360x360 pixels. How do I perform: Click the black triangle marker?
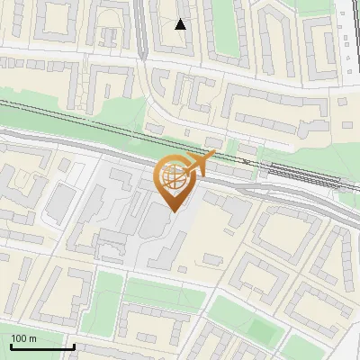181,24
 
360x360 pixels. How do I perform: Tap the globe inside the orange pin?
174,175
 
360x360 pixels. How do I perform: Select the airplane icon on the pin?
199,164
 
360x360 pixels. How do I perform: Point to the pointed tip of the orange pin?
174,211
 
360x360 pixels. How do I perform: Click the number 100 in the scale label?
19,338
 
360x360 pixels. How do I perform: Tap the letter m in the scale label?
33,338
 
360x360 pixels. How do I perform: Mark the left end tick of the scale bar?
11,346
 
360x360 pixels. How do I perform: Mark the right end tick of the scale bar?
74,346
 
